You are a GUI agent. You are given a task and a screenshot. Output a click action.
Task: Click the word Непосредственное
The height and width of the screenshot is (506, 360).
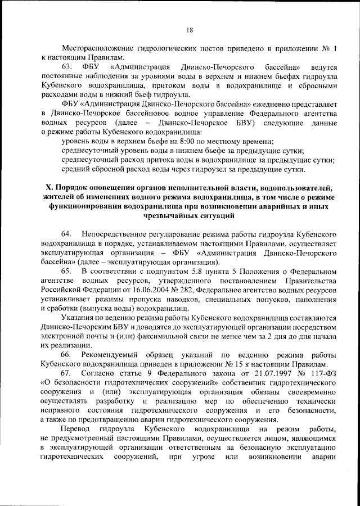pyautogui.click(x=115, y=233)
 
